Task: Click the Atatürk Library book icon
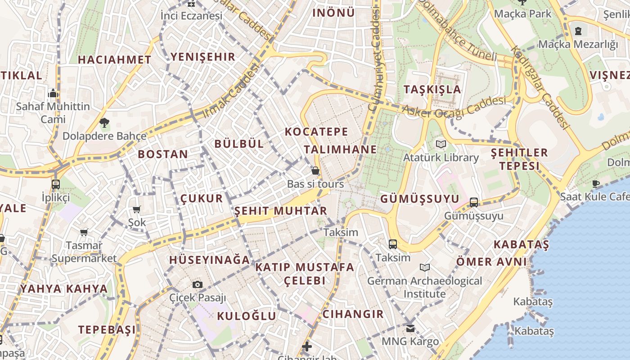[x=441, y=144]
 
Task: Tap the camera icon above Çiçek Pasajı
[x=198, y=284]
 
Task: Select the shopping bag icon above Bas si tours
[x=315, y=171]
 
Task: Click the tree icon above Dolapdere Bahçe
[x=104, y=122]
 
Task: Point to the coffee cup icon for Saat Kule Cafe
[x=596, y=183]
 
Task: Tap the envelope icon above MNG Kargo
[x=410, y=328]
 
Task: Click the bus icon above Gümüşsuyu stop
[x=474, y=202]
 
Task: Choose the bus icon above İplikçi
[x=56, y=184]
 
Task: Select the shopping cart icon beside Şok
[x=137, y=209]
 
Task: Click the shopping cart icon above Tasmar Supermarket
[x=84, y=232]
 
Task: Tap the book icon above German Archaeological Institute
[x=424, y=268]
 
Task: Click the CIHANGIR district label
[x=353, y=314]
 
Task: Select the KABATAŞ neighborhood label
[x=521, y=245]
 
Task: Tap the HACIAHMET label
[x=114, y=59]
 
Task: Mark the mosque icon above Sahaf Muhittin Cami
[x=53, y=94]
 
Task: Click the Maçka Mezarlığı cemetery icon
[x=578, y=31]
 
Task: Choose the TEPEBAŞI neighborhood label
[x=107, y=329]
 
